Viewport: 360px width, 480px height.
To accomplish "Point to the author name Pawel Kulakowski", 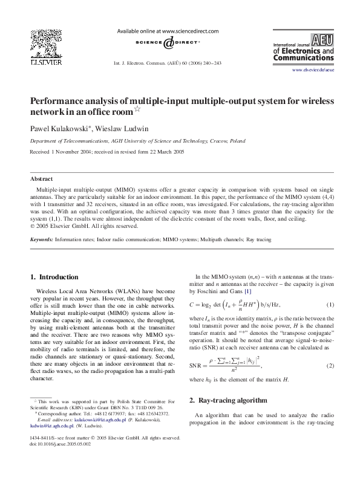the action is click(57, 129).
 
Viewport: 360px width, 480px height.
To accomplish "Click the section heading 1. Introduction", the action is click(54, 277).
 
